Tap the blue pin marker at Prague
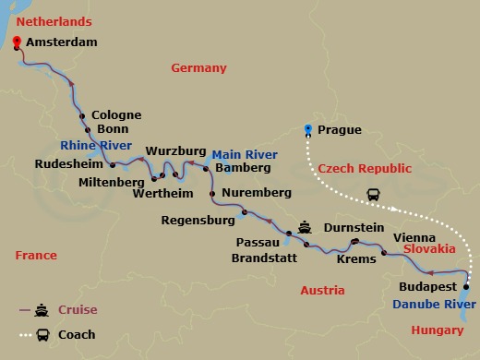pos(309,130)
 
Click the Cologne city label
pos(117,115)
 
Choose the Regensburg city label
pos(198,221)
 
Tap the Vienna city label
pos(414,237)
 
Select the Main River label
pos(243,154)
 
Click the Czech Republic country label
pos(356,169)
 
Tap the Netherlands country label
pos(54,20)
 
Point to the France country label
pos(35,256)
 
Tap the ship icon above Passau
pos(305,228)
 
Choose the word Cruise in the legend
pos(77,310)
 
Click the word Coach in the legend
pos(77,334)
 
